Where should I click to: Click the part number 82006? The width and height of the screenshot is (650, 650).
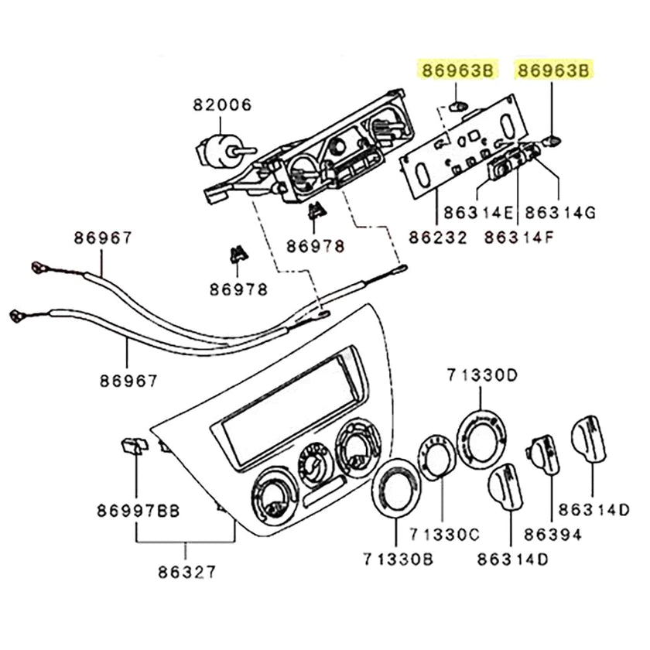coord(218,105)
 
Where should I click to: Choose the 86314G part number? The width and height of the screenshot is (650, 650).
coord(559,210)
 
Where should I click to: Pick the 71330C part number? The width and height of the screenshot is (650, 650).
coord(445,534)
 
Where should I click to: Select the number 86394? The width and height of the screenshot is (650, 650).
coord(551,534)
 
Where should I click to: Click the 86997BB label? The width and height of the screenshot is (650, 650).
coord(138,511)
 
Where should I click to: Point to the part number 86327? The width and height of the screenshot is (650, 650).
coord(186,573)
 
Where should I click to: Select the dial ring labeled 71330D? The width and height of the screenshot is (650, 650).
coord(481,438)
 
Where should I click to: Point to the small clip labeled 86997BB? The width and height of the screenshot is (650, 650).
coord(135,445)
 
